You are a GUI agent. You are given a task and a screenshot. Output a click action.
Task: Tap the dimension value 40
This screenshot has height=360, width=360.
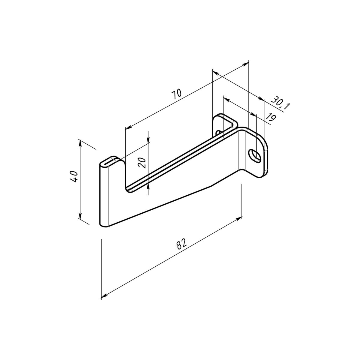click(74, 176)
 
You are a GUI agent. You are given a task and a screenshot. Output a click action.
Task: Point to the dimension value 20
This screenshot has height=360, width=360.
click(142, 163)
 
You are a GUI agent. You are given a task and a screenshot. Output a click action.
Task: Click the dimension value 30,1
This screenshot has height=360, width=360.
click(280, 103)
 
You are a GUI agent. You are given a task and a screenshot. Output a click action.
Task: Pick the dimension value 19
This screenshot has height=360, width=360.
click(271, 117)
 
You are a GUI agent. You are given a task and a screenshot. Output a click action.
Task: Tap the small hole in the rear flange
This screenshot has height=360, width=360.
click(218, 133)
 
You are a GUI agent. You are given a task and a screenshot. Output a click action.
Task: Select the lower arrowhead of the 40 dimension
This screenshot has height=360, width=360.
click(80, 217)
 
